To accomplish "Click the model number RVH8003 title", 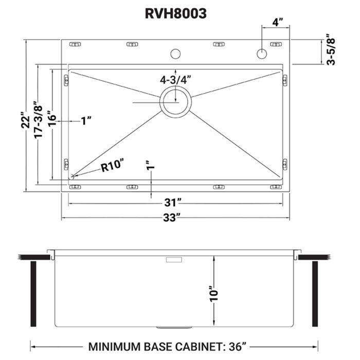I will (175, 14).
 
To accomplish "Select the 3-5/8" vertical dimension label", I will (332, 50).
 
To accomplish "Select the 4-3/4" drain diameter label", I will (175, 80).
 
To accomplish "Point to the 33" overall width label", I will (175, 217).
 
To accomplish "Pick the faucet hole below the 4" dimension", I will (262, 53).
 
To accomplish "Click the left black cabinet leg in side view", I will (34, 293).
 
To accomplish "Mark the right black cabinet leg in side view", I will (315, 293).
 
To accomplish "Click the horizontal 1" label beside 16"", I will (86, 121).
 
